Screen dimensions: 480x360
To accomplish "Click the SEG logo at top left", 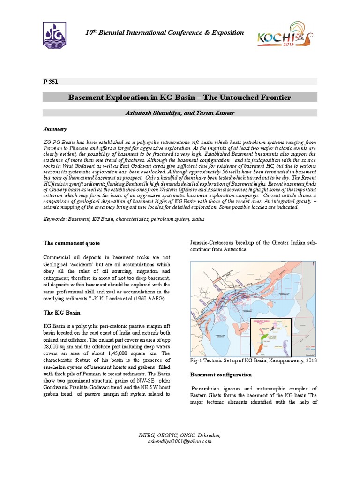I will point(54,35).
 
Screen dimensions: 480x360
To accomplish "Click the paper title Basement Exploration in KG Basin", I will point(180,97).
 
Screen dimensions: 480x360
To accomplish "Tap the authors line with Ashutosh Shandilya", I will point(180,113).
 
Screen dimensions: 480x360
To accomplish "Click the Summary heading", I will point(55,128).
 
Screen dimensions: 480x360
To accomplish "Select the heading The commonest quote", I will point(71,243).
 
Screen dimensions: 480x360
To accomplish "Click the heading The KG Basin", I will point(61,312).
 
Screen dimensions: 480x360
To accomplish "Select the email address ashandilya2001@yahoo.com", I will point(180,442).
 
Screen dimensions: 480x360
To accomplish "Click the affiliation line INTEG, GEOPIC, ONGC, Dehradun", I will point(180,435).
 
